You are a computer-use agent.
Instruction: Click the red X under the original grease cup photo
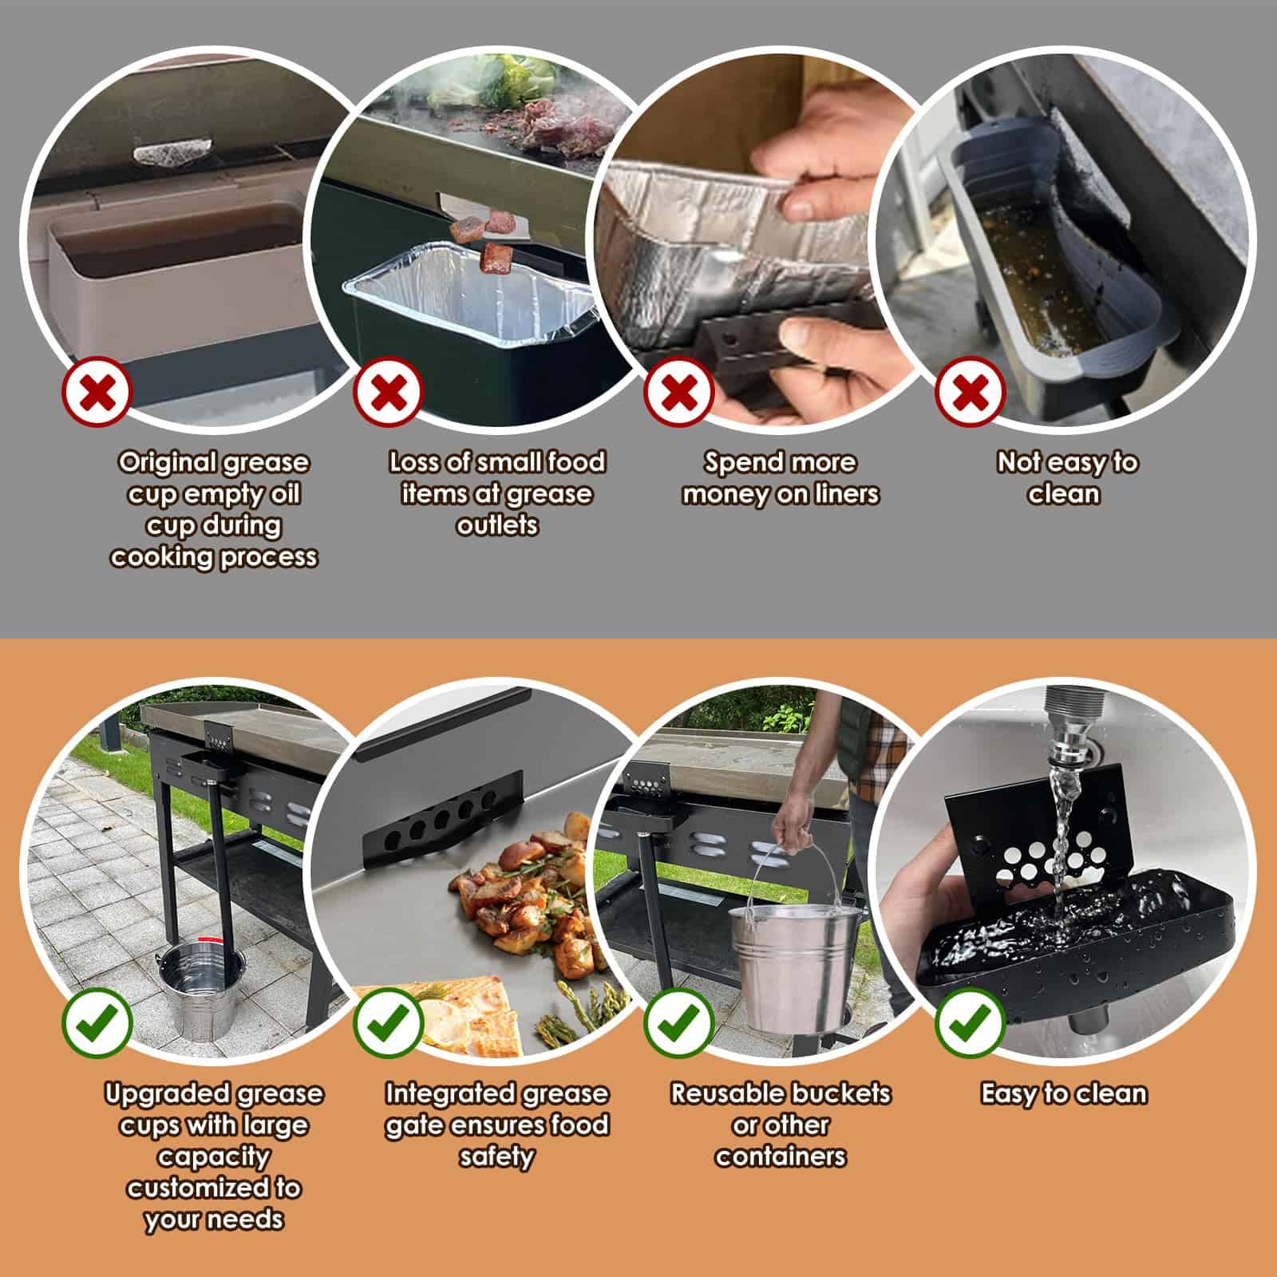click(97, 392)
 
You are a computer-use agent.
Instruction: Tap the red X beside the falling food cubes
click(388, 392)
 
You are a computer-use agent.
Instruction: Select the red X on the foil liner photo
click(678, 392)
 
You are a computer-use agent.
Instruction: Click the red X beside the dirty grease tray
click(969, 392)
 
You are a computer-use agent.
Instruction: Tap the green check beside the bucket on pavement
click(97, 1023)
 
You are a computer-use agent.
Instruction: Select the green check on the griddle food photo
click(388, 1023)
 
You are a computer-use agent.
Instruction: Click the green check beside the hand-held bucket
click(678, 1023)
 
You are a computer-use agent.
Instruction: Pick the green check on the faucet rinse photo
click(969, 1023)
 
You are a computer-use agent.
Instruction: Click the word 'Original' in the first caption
click(168, 464)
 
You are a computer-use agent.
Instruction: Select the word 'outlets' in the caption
click(497, 525)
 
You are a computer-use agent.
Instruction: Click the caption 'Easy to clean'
click(1064, 1093)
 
